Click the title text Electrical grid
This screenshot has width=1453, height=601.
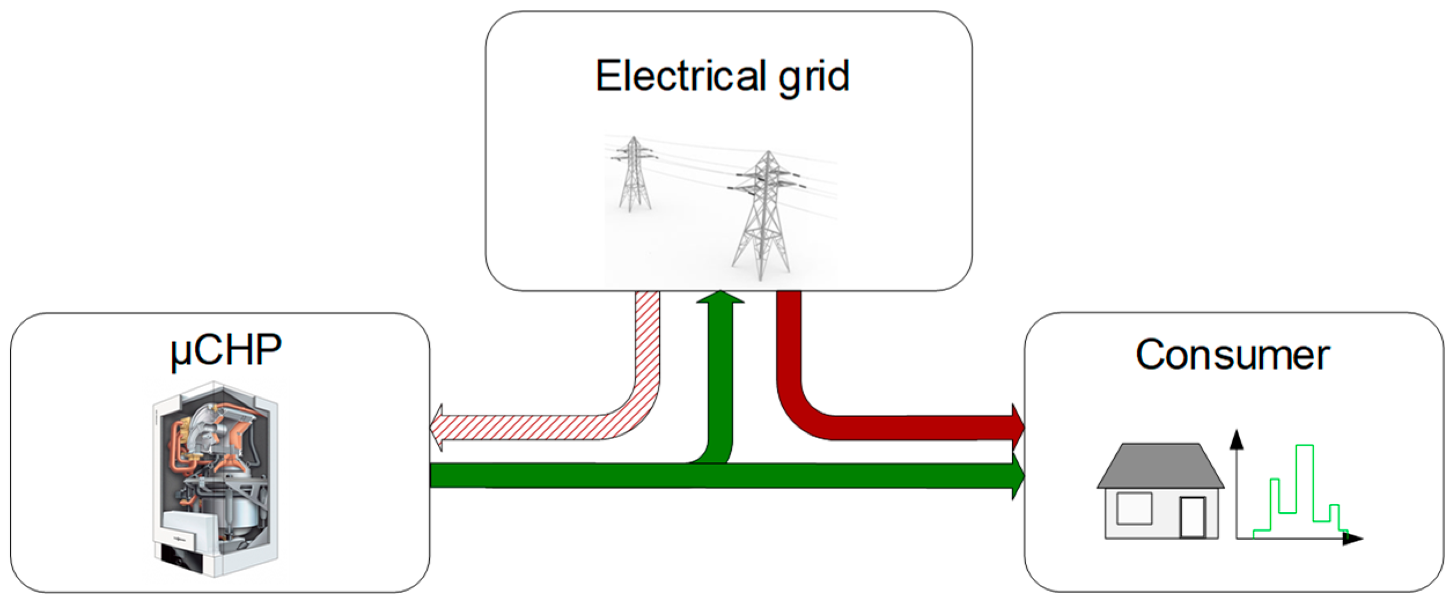click(723, 76)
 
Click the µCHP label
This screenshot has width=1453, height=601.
click(226, 350)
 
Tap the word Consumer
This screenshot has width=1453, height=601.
click(1232, 355)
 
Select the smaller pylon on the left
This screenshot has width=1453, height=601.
click(634, 173)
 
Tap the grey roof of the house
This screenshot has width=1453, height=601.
click(1160, 466)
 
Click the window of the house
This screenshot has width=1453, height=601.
click(1134, 508)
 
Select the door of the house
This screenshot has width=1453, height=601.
click(1193, 517)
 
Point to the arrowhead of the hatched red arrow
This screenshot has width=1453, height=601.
click(437, 428)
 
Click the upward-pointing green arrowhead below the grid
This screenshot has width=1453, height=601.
click(720, 297)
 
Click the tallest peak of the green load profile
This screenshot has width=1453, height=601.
click(1305, 446)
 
